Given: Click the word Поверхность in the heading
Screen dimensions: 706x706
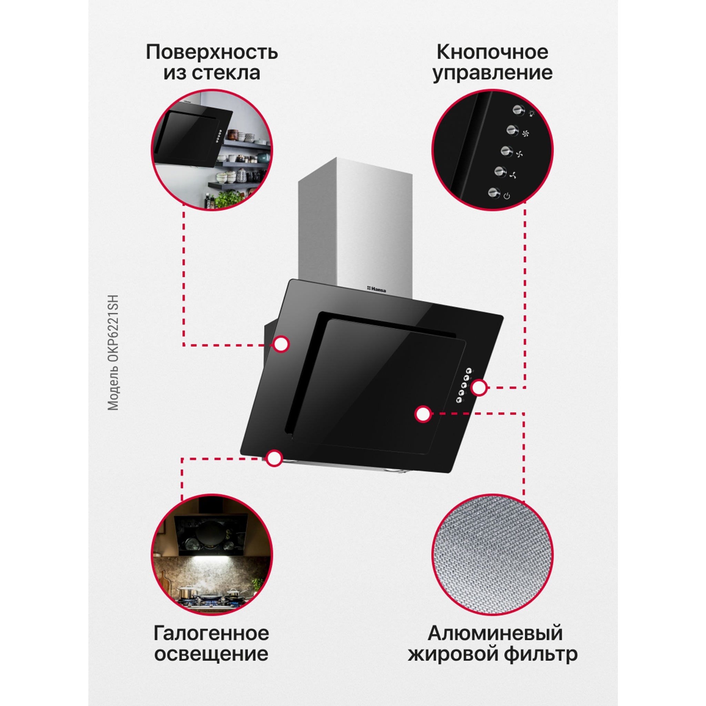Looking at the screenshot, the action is (212, 53).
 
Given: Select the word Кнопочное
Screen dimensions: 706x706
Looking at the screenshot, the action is (492, 53).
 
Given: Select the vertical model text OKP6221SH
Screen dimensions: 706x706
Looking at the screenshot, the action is (113, 332).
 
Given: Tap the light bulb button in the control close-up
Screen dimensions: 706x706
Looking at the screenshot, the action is (518, 110).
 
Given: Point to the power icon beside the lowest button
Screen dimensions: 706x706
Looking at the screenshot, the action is (506, 196).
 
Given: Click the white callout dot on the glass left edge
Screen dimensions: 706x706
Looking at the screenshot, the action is (281, 345).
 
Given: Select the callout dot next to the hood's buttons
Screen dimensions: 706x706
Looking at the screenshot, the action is (479, 388).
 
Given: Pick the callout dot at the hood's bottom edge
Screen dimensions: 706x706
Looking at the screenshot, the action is (274, 458).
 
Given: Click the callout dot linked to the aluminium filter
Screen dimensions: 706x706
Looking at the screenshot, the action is (423, 414).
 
